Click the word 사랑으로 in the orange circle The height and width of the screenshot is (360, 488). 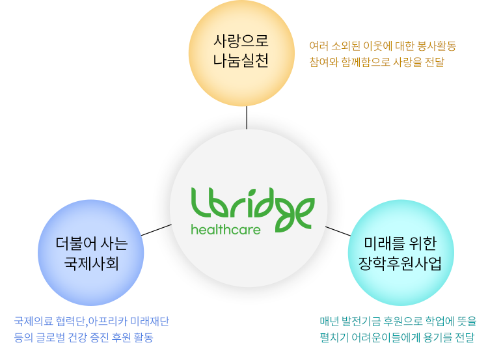(x=241, y=41)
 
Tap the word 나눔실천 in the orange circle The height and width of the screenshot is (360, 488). (x=241, y=61)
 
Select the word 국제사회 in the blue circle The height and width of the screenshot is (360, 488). (x=91, y=264)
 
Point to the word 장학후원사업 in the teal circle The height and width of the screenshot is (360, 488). (x=400, y=264)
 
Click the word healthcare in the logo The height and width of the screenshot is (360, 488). (x=226, y=230)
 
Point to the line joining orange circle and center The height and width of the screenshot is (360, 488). (x=247, y=117)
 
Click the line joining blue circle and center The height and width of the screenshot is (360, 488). (x=156, y=230)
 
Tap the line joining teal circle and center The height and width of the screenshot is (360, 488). (x=338, y=231)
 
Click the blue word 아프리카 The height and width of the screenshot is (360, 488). (x=107, y=322)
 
